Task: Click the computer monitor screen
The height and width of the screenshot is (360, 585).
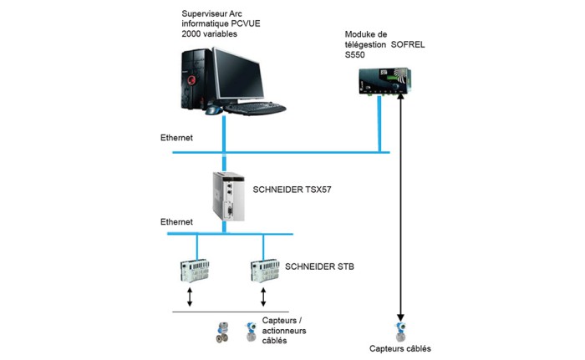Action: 238,74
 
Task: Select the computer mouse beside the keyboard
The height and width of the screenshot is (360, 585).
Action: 214,110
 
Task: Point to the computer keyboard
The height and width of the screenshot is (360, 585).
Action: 255,109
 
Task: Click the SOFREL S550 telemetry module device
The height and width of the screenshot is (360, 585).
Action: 385,80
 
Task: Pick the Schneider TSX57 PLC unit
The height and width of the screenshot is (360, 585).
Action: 229,196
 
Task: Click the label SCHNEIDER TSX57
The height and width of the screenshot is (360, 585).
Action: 292,190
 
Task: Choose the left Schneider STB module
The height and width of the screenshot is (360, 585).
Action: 195,271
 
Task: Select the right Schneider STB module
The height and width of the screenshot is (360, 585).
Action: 265,271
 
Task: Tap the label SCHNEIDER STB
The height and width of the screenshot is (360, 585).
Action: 319,266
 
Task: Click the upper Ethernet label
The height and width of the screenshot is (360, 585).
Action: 176,138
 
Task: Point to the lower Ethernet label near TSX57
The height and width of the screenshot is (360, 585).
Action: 176,222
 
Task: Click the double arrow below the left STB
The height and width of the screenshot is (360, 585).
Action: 190,297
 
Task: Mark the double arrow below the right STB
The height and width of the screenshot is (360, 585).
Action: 263,297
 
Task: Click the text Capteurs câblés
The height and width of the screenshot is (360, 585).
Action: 400,349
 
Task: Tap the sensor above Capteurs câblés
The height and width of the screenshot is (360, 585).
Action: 400,332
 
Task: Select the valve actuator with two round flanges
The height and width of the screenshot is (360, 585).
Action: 222,332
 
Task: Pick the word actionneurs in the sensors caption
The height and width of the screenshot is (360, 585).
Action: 284,331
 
